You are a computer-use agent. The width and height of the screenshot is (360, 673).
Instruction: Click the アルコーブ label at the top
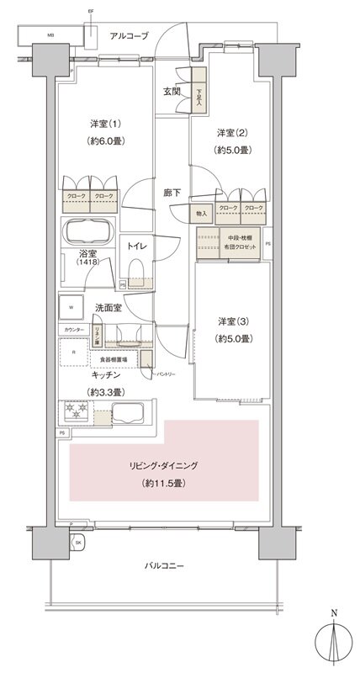tap(129, 36)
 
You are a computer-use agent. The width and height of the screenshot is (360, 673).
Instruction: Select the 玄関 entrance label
tap(171, 91)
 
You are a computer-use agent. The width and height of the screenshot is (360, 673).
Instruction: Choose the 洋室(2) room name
tap(230, 133)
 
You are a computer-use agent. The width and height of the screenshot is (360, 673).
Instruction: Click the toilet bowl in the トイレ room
tap(137, 271)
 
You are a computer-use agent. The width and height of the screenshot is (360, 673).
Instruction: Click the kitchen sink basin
tap(130, 414)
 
